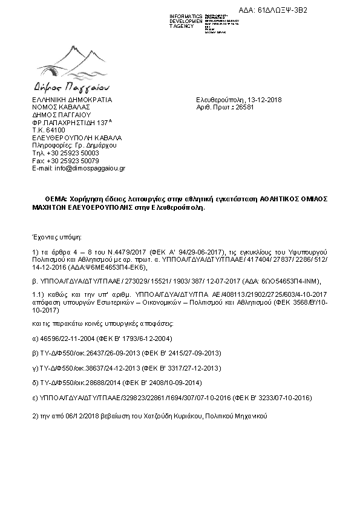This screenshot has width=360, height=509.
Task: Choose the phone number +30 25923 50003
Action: click(x=68, y=154)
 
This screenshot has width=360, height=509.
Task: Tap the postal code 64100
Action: click(x=55, y=130)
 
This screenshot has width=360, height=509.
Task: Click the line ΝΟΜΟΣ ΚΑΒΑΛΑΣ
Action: click(x=58, y=106)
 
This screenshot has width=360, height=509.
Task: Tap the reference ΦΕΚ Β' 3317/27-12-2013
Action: click(x=182, y=367)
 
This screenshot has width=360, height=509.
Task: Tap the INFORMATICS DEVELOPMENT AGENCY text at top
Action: click(x=186, y=21)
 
